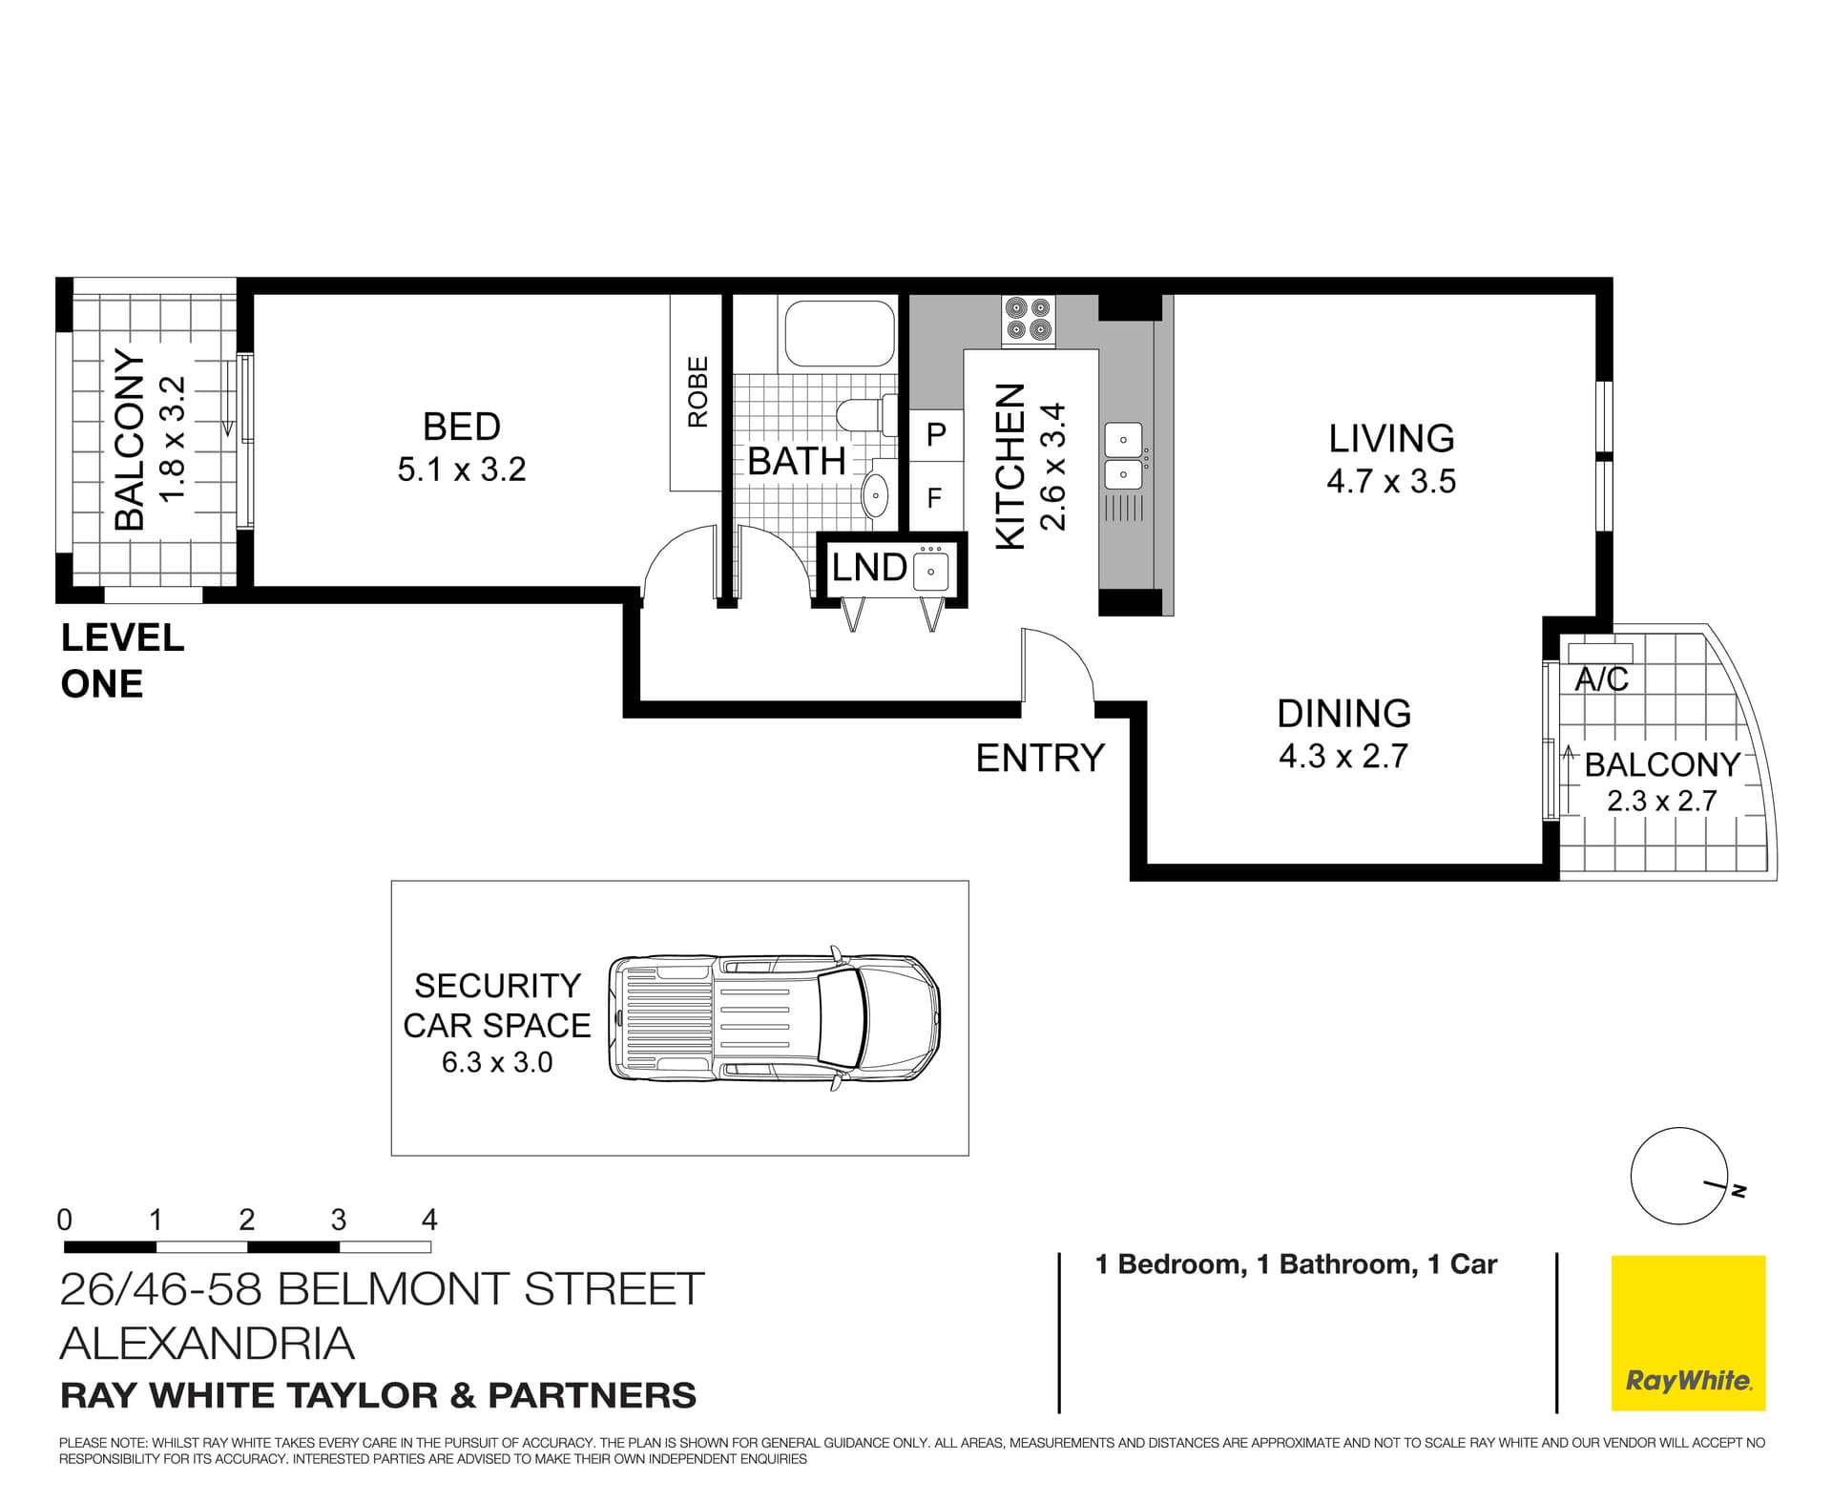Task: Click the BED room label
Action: click(x=461, y=427)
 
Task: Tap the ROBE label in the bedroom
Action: click(x=698, y=391)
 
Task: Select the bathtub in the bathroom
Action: click(x=839, y=332)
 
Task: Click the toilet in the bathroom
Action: click(x=864, y=415)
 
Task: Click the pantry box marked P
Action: click(x=936, y=435)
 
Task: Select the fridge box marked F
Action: click(x=935, y=497)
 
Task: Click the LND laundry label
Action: click(x=868, y=568)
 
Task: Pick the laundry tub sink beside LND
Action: click(x=930, y=571)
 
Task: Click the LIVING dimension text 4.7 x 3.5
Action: click(x=1390, y=481)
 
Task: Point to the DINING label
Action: click(x=1343, y=714)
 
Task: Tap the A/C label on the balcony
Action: click(x=1601, y=679)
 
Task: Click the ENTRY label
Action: click(x=1039, y=758)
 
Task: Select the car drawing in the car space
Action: click(x=774, y=1018)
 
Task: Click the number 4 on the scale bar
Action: click(x=429, y=1220)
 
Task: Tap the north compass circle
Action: click(x=1677, y=1177)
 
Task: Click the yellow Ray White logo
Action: click(x=1688, y=1332)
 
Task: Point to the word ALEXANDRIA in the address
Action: click(x=207, y=1344)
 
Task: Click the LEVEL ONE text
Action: click(x=121, y=660)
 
